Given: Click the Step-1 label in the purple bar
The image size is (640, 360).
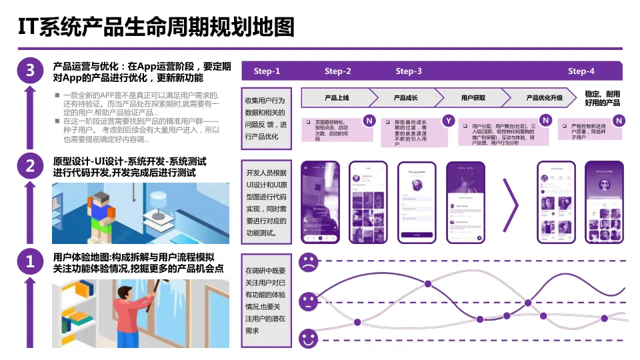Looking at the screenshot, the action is (267, 71).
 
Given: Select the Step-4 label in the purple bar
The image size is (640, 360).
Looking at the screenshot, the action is (581, 71).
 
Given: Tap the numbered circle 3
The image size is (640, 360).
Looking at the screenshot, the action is (29, 70).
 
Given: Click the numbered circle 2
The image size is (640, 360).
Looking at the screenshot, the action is (29, 166).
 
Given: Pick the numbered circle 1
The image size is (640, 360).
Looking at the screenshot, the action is (29, 262).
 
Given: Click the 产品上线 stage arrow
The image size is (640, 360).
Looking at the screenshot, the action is (337, 98).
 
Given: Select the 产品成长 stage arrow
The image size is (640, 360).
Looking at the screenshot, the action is (405, 98).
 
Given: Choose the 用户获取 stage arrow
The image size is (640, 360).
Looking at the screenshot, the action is (473, 98).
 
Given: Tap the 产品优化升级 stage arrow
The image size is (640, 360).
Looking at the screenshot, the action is (543, 98).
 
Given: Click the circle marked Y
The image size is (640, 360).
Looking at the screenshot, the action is (449, 121).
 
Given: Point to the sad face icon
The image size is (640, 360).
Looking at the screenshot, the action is (308, 262).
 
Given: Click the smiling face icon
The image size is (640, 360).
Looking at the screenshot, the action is (308, 339).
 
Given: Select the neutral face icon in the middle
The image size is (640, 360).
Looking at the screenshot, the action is (308, 301).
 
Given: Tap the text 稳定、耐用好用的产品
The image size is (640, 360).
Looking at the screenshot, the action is (602, 99).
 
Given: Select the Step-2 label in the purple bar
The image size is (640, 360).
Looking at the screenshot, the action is (338, 71).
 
